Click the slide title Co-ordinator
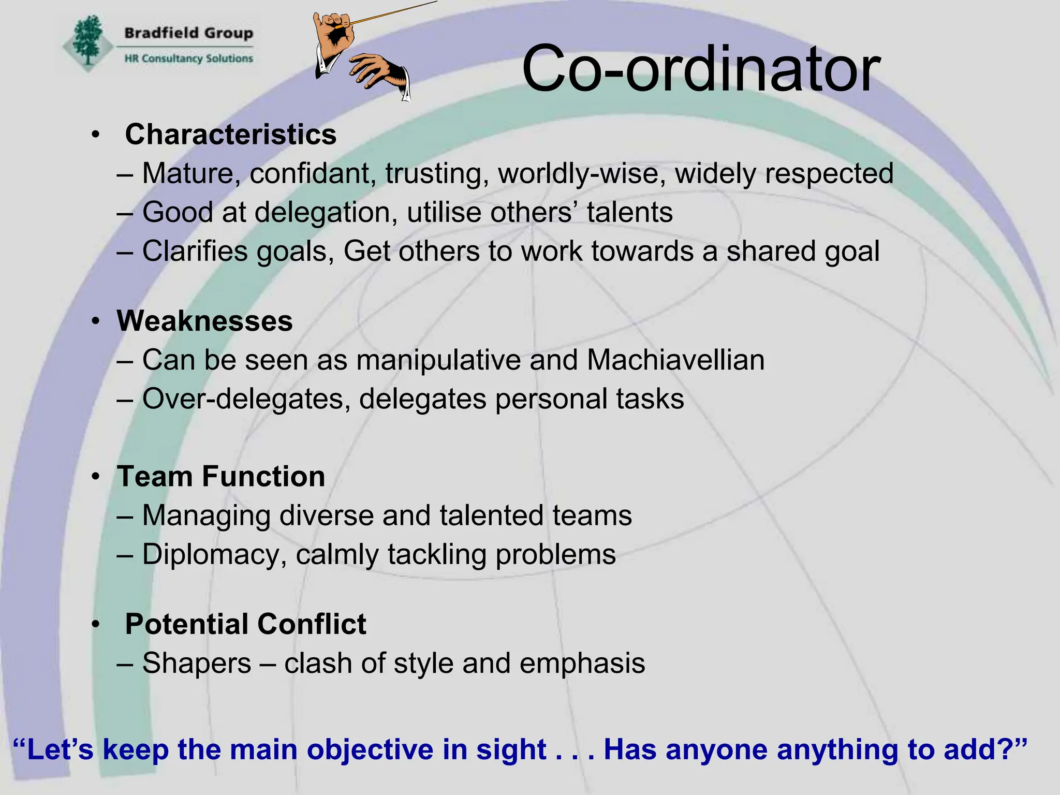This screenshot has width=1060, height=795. tap(701, 69)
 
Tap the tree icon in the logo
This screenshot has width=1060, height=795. tap(87, 41)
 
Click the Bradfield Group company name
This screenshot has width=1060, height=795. tap(188, 33)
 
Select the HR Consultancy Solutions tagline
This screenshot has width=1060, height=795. tap(188, 58)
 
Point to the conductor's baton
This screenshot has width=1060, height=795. tap(393, 13)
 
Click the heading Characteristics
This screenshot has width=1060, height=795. tap(230, 135)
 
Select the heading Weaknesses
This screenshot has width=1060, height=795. tap(204, 321)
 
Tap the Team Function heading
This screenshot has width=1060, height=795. tap(221, 476)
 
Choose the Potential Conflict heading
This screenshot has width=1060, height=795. tap(245, 624)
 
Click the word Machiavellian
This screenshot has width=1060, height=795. tap(675, 360)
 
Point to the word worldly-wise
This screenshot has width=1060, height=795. tap(581, 173)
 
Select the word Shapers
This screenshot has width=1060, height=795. tap(197, 663)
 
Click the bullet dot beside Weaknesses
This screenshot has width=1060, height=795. tap(95, 321)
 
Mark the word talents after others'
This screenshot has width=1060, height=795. tap(629, 212)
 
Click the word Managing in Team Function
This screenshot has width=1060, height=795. tap(206, 516)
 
